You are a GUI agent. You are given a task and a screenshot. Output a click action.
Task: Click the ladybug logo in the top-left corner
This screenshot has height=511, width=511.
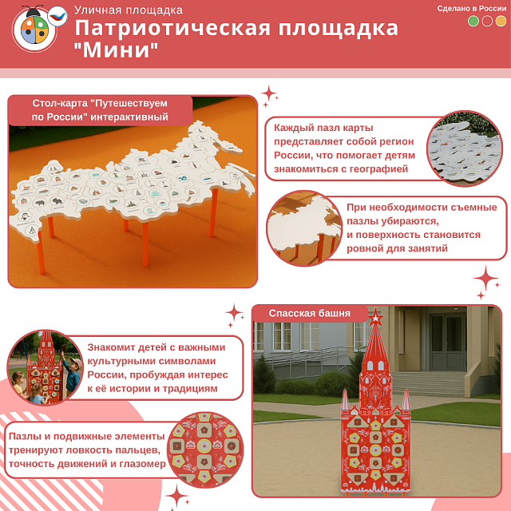pos(34,30)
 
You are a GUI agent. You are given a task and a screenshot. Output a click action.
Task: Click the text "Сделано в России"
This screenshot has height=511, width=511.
pos(472,8)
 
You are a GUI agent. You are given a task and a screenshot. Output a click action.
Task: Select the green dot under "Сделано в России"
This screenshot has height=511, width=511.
pos(473,22)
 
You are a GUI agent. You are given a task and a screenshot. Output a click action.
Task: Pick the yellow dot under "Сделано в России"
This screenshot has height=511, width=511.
pos(501,22)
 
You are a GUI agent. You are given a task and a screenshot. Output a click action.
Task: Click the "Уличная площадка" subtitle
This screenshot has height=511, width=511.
pos(128,10)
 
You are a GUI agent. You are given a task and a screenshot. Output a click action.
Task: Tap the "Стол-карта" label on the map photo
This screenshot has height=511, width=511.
pos(101,110)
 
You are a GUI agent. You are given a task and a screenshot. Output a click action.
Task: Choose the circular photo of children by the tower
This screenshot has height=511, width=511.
pos(45,368)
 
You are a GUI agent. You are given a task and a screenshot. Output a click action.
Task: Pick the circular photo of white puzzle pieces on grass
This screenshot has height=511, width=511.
pos(464,149)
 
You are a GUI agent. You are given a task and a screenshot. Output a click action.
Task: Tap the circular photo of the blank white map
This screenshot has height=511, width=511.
pos(304,227)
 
